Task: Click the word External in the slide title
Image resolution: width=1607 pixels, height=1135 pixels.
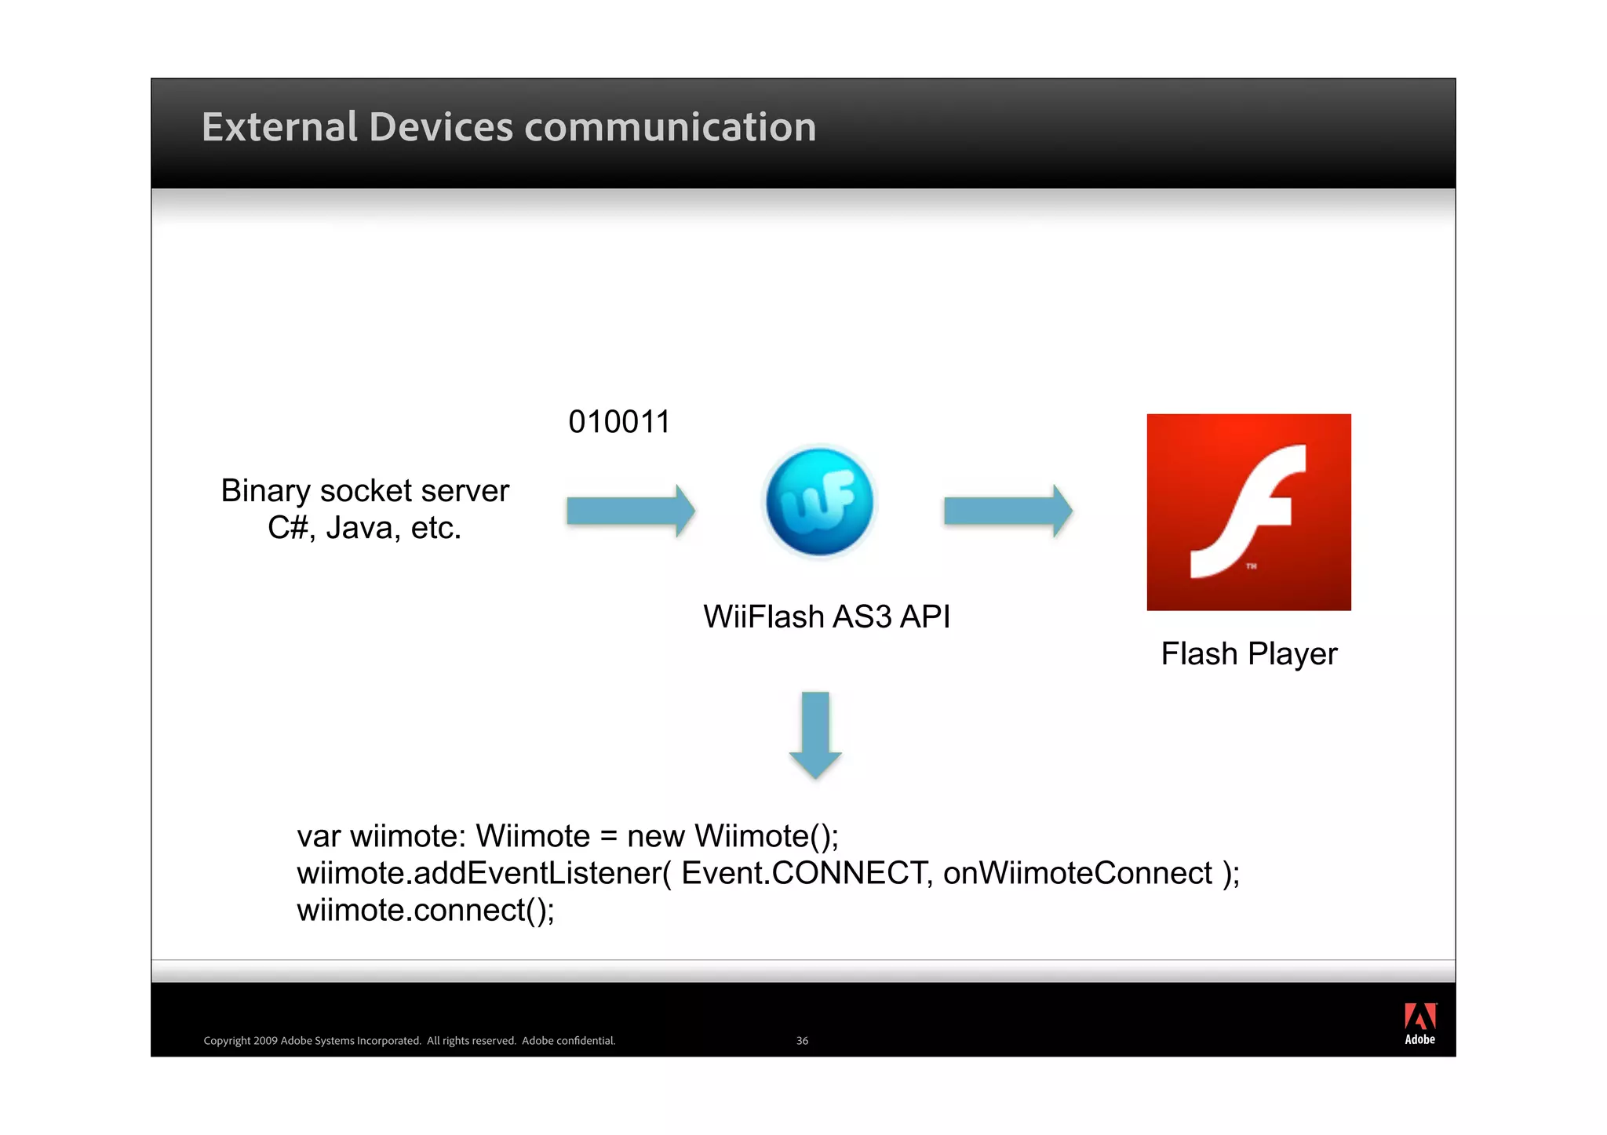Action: tap(279, 127)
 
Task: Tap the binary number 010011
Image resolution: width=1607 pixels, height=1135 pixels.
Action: tap(619, 422)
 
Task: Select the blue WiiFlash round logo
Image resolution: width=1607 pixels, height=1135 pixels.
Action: tap(819, 502)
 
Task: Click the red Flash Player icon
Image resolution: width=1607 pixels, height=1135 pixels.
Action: tap(1248, 511)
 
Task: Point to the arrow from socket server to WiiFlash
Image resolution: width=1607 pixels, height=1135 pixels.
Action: tap(630, 511)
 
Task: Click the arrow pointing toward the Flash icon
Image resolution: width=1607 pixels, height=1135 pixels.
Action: tap(1008, 511)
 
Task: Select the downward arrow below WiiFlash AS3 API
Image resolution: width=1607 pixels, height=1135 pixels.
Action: tap(815, 734)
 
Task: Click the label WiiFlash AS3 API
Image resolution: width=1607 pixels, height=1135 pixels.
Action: tap(826, 617)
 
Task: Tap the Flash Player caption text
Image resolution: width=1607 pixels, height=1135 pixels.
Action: tap(1248, 653)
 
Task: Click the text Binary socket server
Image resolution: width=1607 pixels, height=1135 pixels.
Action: tap(365, 491)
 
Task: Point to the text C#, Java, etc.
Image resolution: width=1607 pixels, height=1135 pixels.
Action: tap(364, 528)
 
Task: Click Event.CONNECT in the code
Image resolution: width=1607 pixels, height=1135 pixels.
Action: tap(803, 873)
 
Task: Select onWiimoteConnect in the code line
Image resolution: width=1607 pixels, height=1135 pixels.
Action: tap(1077, 873)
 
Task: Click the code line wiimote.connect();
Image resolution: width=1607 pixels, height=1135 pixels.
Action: tap(425, 910)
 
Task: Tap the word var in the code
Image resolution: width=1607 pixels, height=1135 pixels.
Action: tap(319, 836)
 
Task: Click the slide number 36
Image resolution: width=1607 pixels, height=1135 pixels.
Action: tap(802, 1041)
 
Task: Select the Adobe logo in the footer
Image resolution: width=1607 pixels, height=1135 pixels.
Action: tap(1419, 1024)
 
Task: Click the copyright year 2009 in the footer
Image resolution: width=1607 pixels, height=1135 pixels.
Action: tap(265, 1041)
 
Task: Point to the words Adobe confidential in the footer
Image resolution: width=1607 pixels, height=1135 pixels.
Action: tap(568, 1041)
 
